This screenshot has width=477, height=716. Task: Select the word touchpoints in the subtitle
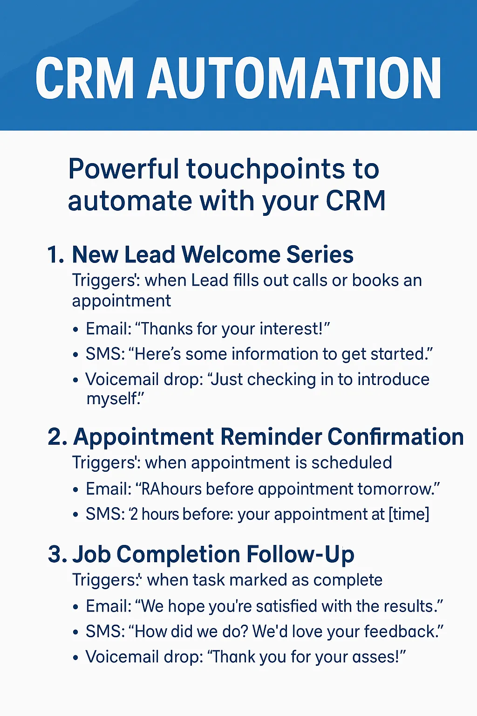[266, 169]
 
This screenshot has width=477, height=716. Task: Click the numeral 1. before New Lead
[56, 255]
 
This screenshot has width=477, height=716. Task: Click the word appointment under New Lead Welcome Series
[122, 301]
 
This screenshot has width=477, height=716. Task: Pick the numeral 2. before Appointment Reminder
[57, 437]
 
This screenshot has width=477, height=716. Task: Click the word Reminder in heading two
[271, 437]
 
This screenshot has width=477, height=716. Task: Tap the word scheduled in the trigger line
[352, 462]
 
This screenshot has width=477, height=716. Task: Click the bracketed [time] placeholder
[409, 514]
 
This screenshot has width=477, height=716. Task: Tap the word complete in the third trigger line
[348, 580]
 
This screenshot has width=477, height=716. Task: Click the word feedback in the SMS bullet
[401, 631]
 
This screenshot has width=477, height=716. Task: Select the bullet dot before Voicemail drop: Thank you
[76, 658]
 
